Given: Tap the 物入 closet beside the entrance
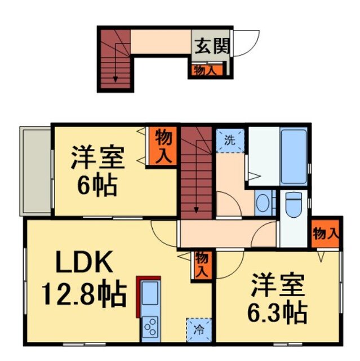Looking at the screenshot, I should pyautogui.click(x=205, y=70).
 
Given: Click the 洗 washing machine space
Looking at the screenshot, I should pyautogui.click(x=230, y=139).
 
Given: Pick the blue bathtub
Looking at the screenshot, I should pyautogui.click(x=293, y=157).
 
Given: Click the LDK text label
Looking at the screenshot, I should pyautogui.click(x=83, y=263).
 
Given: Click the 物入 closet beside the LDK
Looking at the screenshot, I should pyautogui.click(x=201, y=265).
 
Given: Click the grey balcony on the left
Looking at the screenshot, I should pyautogui.click(x=35, y=170).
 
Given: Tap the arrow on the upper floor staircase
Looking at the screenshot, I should pyautogui.click(x=115, y=77).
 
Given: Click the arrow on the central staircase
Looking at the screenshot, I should pyautogui.click(x=196, y=209).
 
